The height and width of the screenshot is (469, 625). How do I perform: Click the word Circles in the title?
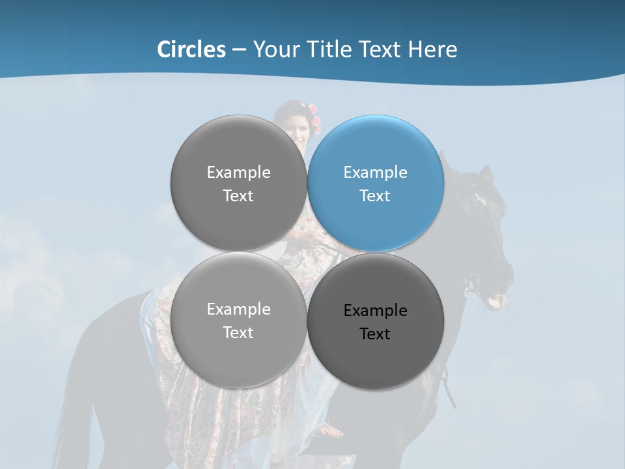tap(191, 50)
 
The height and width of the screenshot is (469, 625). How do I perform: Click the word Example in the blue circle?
tap(375, 173)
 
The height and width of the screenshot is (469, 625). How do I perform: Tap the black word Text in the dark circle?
tap(375, 334)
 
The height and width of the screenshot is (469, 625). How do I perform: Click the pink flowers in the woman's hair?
tap(316, 121)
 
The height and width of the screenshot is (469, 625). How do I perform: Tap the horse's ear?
tap(486, 175)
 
